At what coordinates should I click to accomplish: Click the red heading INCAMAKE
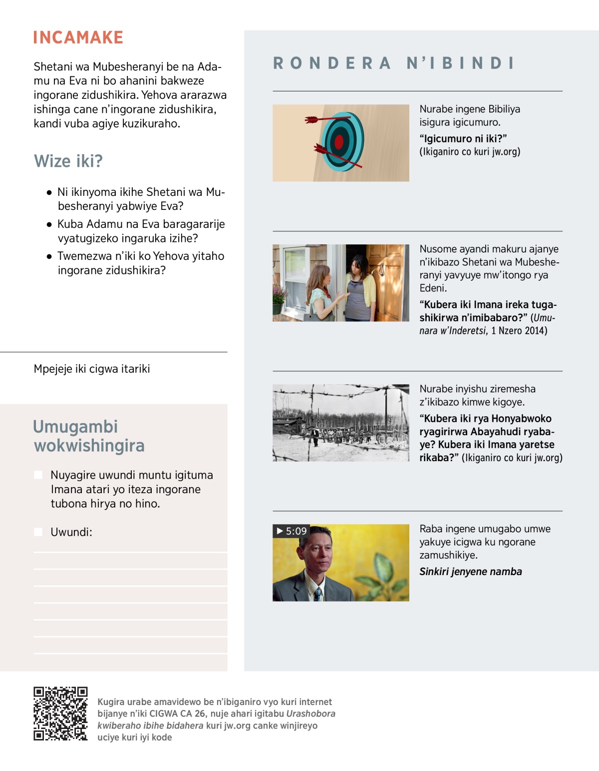(x=78, y=37)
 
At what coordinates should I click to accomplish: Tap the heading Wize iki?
(x=68, y=161)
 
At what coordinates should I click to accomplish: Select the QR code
(x=60, y=714)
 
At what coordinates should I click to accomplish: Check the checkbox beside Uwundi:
(x=38, y=532)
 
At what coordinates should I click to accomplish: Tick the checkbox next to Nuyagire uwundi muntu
(x=38, y=475)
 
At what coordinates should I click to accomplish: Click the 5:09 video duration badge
(x=292, y=531)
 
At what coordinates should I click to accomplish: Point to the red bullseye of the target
(x=339, y=142)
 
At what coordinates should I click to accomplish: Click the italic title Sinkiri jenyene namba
(x=470, y=572)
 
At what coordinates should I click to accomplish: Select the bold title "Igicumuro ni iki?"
(x=463, y=138)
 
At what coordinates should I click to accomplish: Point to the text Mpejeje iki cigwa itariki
(x=92, y=369)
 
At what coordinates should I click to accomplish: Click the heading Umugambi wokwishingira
(x=88, y=436)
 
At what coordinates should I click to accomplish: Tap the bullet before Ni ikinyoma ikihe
(x=49, y=192)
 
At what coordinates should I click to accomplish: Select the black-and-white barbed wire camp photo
(x=340, y=423)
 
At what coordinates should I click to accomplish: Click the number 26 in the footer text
(x=200, y=714)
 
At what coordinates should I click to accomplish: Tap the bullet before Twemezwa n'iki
(x=49, y=256)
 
